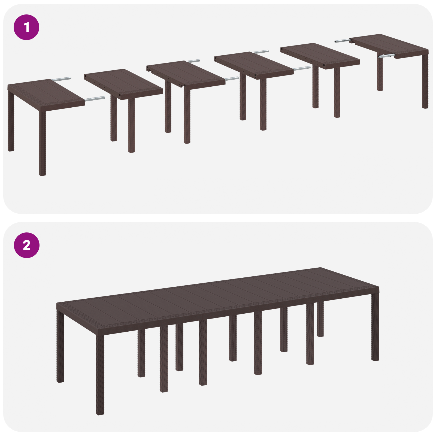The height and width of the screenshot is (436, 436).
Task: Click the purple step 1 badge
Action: click(26, 27)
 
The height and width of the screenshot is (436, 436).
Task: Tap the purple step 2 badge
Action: click(26, 245)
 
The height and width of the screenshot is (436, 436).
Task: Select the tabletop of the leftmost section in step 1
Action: click(45, 93)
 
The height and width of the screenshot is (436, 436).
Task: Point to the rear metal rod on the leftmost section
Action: click(61, 79)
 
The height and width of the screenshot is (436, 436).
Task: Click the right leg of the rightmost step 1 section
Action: click(425, 82)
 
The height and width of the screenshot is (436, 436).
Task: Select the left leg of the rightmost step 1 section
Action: click(380, 74)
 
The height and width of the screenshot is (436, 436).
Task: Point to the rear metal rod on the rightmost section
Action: click(342, 41)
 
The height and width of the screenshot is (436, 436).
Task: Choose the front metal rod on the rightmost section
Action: click(386, 56)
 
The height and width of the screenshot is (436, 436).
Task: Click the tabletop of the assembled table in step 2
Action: click(218, 294)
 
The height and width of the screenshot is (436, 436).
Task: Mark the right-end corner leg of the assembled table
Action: click(375, 327)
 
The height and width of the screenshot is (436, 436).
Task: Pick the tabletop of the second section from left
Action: click(123, 83)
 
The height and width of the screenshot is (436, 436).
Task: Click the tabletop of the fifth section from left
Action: click(320, 55)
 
